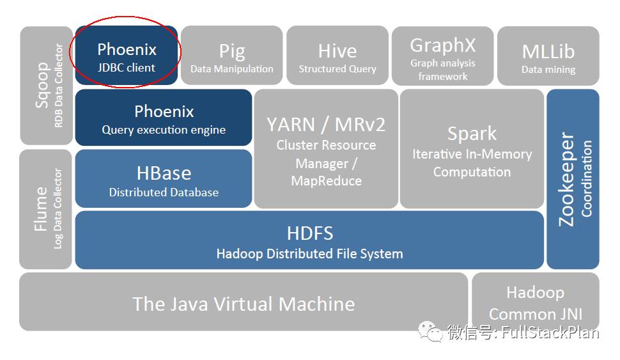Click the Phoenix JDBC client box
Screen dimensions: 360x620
[x=127, y=56]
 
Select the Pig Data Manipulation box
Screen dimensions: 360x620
[x=231, y=56]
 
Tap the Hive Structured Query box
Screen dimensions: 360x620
[x=337, y=56]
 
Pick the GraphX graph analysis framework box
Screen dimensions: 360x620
[x=442, y=56]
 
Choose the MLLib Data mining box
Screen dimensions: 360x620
[x=548, y=56]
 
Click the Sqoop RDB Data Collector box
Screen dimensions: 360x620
[x=47, y=85]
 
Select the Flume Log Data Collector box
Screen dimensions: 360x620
[x=47, y=209]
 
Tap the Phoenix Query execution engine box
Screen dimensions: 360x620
[x=164, y=118]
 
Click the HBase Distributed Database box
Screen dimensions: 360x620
[x=164, y=179]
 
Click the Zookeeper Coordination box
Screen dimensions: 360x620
[x=573, y=179]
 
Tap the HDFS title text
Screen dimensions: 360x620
[x=309, y=232]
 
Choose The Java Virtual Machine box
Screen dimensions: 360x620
[x=244, y=302]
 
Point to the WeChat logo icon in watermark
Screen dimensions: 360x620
[x=430, y=332]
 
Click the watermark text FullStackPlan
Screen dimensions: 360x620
[x=550, y=333]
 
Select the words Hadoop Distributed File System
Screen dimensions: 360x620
[x=309, y=254]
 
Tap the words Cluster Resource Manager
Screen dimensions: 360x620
[x=326, y=154]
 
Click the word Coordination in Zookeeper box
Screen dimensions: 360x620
[x=587, y=179]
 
